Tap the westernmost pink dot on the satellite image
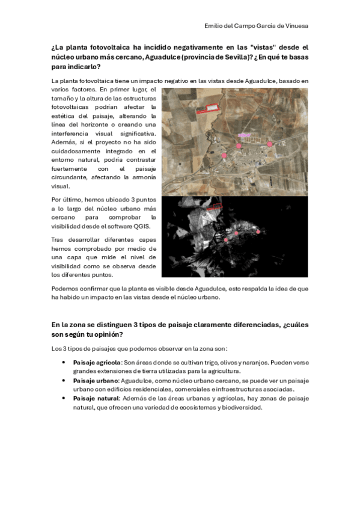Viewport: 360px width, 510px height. [x=224, y=155]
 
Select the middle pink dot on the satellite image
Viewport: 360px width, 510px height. [x=239, y=146]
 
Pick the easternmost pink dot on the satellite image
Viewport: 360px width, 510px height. [x=270, y=144]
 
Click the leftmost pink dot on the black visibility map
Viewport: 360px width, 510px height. [x=225, y=240]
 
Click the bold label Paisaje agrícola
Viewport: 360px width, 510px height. [x=97, y=363]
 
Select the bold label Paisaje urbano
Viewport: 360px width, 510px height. [x=96, y=381]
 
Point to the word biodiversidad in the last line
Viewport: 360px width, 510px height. [x=242, y=407]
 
